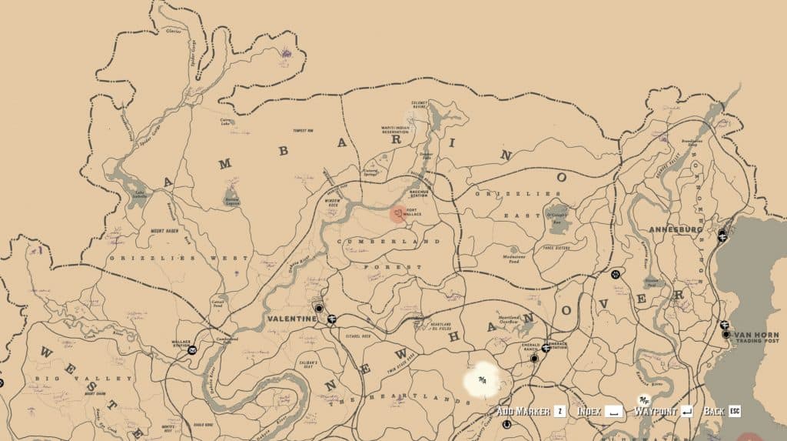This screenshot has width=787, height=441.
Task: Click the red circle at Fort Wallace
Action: tap(397, 214)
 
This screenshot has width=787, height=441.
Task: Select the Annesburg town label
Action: tap(675, 229)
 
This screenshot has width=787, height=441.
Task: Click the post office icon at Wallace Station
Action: tap(192, 349)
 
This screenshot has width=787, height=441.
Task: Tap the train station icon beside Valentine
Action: tap(331, 319)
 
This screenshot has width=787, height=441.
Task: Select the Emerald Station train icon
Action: tap(546, 348)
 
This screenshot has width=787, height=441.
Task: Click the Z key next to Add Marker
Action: tap(560, 411)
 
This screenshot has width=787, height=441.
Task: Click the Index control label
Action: tap(589, 411)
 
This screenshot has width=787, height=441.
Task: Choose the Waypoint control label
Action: tap(654, 411)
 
